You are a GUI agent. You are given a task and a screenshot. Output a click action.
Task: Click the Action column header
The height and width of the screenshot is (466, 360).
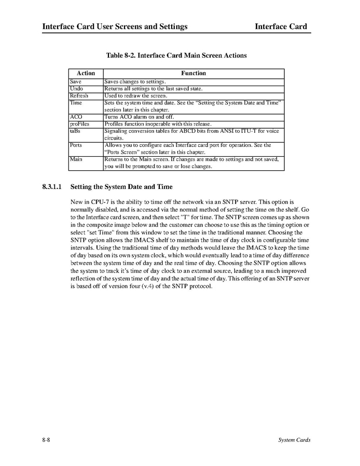[x=86, y=73]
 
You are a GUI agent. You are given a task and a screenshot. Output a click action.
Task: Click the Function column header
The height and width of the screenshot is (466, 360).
[x=193, y=73]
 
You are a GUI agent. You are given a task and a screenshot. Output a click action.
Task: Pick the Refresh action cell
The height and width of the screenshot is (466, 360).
[x=79, y=96]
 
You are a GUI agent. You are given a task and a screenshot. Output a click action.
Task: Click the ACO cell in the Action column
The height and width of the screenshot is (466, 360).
[x=76, y=117]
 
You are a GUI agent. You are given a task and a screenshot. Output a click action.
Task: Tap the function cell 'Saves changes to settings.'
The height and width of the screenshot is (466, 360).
[x=135, y=82]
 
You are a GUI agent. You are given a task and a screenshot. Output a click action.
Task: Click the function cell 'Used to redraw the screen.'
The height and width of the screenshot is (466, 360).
[x=136, y=96]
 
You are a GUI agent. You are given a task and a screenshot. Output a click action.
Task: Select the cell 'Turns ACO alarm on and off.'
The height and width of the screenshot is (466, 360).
[x=139, y=117]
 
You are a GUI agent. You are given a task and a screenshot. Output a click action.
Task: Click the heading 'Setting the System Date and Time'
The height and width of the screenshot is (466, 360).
[x=121, y=186]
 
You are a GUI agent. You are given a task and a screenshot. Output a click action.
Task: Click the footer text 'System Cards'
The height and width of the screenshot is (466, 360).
[x=294, y=440]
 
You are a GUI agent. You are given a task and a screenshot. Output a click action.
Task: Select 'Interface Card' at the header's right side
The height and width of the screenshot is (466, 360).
[x=281, y=26]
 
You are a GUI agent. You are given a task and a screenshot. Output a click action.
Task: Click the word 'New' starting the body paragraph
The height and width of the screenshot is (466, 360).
[x=76, y=200]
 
